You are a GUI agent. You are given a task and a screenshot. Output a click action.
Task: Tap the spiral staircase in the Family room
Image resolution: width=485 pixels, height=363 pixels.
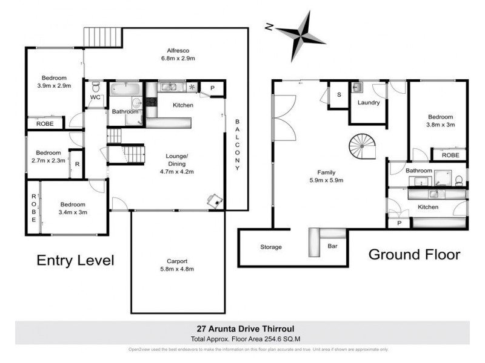363,146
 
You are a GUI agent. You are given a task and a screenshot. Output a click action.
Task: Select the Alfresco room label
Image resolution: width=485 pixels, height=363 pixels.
182,54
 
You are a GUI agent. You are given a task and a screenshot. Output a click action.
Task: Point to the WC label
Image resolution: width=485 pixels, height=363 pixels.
95,97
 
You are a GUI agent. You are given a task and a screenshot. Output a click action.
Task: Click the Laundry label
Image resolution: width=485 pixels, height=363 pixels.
369,103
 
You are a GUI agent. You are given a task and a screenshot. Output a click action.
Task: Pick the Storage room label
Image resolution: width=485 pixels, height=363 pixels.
271,247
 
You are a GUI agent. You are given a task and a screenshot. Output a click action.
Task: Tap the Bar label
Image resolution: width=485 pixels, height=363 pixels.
332,246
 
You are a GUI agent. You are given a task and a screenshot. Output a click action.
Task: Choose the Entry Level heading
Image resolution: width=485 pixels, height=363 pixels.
76,261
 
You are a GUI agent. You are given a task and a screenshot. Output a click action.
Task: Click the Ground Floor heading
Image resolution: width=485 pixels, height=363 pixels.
415,254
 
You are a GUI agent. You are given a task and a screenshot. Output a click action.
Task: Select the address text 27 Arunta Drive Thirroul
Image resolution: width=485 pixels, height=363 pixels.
242,329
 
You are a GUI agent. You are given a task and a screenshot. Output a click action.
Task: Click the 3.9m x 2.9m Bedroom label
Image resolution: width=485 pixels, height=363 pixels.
54,82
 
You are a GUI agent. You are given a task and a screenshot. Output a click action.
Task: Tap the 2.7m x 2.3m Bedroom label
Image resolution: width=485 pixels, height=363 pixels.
47,157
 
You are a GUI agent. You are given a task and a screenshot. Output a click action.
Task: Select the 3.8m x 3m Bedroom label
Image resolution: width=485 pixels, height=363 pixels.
440,121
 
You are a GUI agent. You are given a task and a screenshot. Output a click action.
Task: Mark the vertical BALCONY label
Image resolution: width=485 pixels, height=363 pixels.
237,146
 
